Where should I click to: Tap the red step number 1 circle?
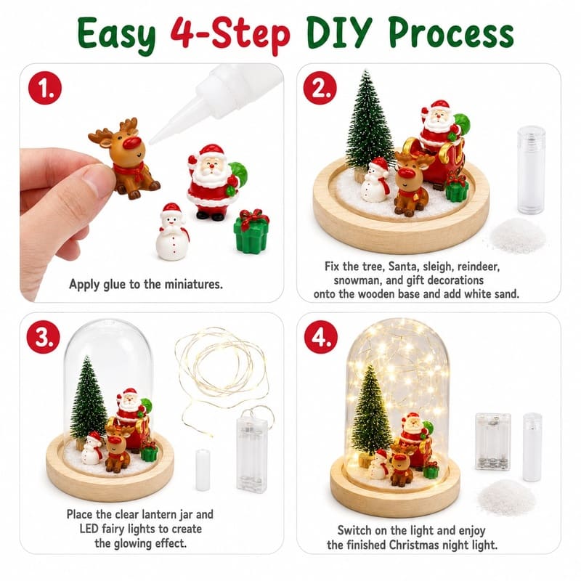pyautogui.click(x=45, y=88)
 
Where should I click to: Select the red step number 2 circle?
pyautogui.click(x=320, y=88)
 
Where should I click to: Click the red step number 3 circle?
pyautogui.click(x=44, y=337)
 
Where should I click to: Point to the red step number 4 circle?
pyautogui.click(x=321, y=337)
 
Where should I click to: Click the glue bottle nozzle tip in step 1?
pyautogui.click(x=151, y=142)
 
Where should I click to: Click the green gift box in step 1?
pyautogui.click(x=252, y=231)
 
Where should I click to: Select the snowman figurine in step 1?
pyautogui.click(x=172, y=231)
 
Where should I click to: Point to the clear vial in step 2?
pyautogui.click(x=532, y=170)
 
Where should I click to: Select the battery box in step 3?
pyautogui.click(x=251, y=455)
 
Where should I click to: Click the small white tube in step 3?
pyautogui.click(x=203, y=470)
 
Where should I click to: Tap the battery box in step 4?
pyautogui.click(x=493, y=442)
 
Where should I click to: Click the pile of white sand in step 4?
pyautogui.click(x=507, y=497)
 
